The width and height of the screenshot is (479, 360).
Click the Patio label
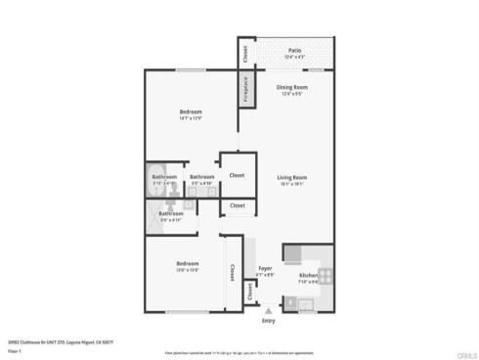pyautogui.click(x=294, y=51)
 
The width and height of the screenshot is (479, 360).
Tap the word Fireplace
pyautogui.click(x=244, y=89)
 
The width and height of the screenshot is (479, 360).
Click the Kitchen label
pyautogui.click(x=308, y=275)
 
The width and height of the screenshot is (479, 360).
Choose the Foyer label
pyautogui.click(x=265, y=268)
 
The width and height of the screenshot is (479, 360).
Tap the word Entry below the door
pyautogui.click(x=269, y=320)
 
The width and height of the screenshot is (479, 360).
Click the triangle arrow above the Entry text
pyautogui.click(x=269, y=310)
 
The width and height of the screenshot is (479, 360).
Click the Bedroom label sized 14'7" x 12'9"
pyautogui.click(x=191, y=112)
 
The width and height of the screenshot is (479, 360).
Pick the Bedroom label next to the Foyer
pyautogui.click(x=188, y=263)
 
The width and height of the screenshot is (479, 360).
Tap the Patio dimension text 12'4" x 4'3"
pyautogui.click(x=294, y=58)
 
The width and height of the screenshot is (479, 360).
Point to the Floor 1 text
pyautogui.click(x=16, y=349)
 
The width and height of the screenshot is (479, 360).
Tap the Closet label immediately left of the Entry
pyautogui.click(x=250, y=291)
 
